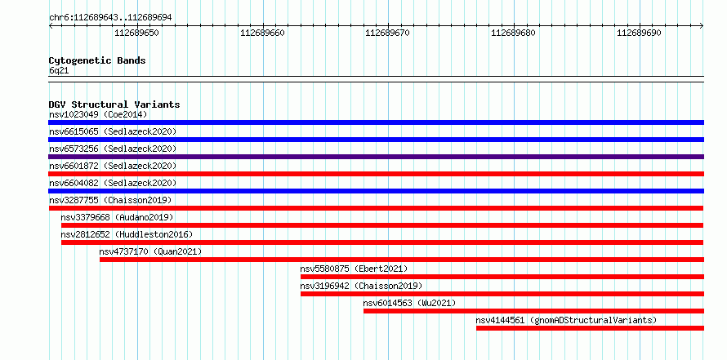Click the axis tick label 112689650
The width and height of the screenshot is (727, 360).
pyautogui.click(x=136, y=33)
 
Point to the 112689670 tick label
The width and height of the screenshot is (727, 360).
pyautogui.click(x=388, y=33)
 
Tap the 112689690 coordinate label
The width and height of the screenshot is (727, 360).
pyautogui.click(x=639, y=33)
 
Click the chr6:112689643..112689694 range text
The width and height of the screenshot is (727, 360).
pyautogui.click(x=110, y=18)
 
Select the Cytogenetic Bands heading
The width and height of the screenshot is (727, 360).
pyautogui.click(x=97, y=60)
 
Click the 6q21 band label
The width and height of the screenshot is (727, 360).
pyautogui.click(x=59, y=71)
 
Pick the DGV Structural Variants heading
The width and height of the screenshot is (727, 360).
pyautogui.click(x=114, y=104)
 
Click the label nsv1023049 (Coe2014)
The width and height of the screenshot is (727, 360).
pyautogui.click(x=98, y=114)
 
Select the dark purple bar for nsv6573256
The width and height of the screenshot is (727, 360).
pyautogui.click(x=376, y=157)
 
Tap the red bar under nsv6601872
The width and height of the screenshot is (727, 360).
pyautogui.click(x=376, y=174)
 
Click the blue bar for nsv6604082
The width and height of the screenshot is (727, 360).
pyautogui.click(x=376, y=191)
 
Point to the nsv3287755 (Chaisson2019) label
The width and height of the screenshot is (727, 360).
pyautogui.click(x=110, y=200)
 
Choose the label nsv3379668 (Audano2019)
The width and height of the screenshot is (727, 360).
pyautogui.click(x=117, y=217)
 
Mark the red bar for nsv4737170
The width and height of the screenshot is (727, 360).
pyautogui.click(x=402, y=260)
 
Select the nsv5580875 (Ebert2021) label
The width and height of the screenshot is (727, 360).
pyautogui.click(x=354, y=269)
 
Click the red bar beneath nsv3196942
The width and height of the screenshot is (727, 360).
pyautogui.click(x=502, y=294)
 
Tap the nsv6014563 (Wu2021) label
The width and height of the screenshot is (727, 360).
pyautogui.click(x=409, y=303)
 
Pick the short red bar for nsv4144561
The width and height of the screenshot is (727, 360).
pyautogui.click(x=591, y=328)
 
